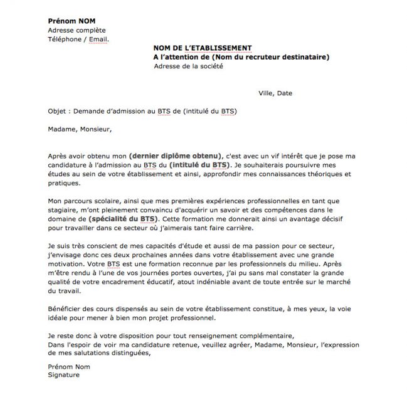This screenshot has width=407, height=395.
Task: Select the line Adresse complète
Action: [77, 30]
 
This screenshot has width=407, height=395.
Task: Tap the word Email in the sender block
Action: [98, 39]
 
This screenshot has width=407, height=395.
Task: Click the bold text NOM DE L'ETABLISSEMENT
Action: [203, 48]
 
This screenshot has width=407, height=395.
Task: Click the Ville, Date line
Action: [275, 93]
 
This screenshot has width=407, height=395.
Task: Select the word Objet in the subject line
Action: [58, 112]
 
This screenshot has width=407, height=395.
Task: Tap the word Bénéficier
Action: [65, 310]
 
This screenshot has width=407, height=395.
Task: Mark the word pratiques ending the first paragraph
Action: [64, 184]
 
